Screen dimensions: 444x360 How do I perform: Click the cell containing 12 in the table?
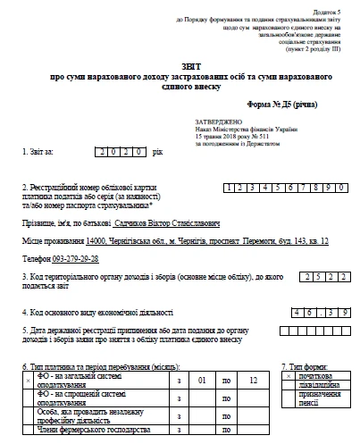[x=255, y=381]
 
